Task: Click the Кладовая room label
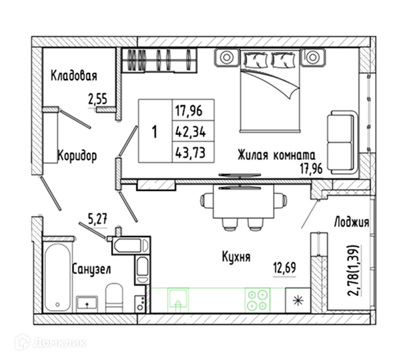tap(74, 75)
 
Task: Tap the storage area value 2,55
tap(98, 99)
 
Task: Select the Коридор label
tap(77, 156)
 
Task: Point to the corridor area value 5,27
tap(98, 219)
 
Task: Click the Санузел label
tap(91, 269)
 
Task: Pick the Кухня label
tap(236, 256)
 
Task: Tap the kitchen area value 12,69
tap(285, 268)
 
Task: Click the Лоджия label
tap(352, 222)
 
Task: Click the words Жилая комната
tap(276, 155)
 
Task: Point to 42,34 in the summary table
tap(191, 132)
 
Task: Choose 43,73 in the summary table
tap(191, 152)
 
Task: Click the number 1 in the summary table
tap(155, 132)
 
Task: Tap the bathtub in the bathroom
tap(57, 277)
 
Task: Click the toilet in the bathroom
tap(114, 298)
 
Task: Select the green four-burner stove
tap(258, 301)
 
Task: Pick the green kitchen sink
tap(178, 299)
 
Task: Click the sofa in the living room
tap(342, 142)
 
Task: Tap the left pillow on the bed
tap(256, 60)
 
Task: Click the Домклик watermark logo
tap(50, 343)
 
